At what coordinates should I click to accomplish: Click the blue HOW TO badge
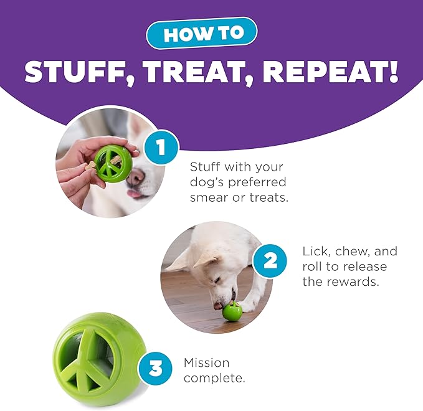coord(202,33)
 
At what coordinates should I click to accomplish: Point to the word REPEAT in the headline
coord(330,72)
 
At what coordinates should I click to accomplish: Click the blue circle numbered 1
coord(161,147)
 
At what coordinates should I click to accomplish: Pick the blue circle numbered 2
coord(270,261)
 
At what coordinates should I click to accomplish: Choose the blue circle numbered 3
coord(155,369)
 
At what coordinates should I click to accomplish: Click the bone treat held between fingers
coord(90,165)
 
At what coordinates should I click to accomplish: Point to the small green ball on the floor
coord(232,311)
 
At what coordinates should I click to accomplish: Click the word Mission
coord(206,362)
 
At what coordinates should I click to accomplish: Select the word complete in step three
coord(214,378)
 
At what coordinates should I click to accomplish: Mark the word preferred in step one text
coord(257,182)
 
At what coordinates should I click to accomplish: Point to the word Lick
coord(316,252)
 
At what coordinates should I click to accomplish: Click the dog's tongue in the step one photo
coord(134,194)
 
